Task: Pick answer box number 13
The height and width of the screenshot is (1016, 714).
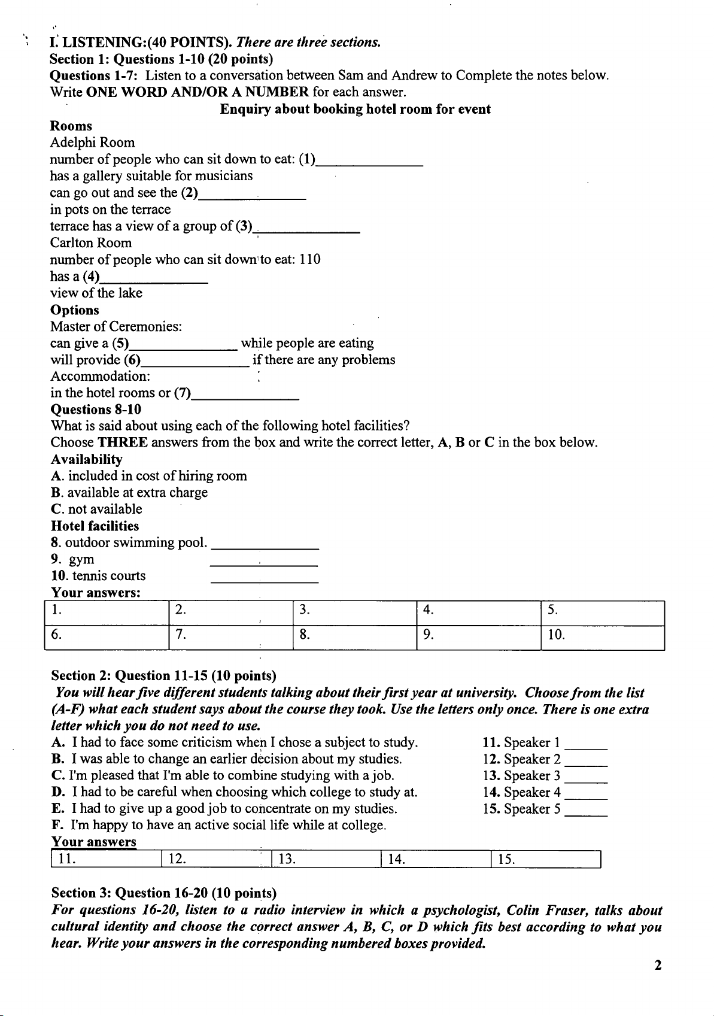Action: tap(326, 860)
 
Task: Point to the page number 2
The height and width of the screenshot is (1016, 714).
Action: tap(658, 965)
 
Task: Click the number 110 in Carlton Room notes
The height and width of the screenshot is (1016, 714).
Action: tap(310, 259)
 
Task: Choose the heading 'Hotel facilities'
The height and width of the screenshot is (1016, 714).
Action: tap(95, 526)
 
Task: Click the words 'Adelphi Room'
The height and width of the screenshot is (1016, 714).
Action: tap(93, 142)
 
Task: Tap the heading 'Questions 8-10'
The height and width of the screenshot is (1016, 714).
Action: tap(96, 410)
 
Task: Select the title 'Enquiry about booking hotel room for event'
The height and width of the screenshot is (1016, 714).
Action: tap(356, 109)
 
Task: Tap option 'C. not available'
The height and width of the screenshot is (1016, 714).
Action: tap(97, 509)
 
